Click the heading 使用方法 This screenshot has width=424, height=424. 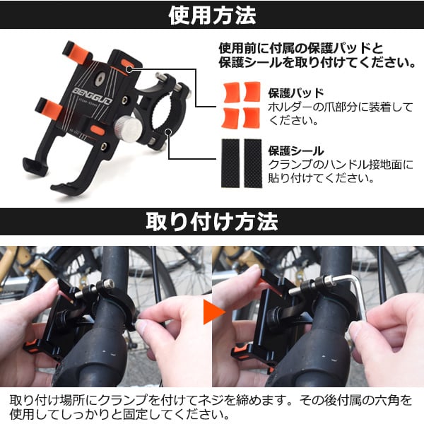[x=212, y=16]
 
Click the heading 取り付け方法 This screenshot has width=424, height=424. [x=212, y=225]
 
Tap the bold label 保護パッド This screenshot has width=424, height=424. [x=296, y=93]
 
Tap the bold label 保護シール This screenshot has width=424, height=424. [x=296, y=151]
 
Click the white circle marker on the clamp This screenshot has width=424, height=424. [x=169, y=131]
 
